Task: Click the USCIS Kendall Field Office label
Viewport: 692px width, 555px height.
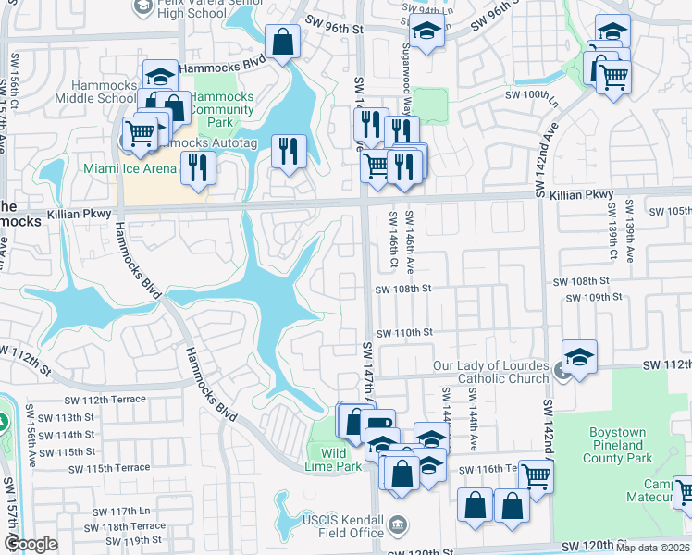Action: pos(341,526)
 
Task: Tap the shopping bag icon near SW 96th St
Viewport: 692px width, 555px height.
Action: pos(282,41)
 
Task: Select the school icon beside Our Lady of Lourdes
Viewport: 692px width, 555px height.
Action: pos(579,356)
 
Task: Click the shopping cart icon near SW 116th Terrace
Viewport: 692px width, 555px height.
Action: pos(536,476)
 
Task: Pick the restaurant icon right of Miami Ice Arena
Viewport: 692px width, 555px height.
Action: pos(197,166)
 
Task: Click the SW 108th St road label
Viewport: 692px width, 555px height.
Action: pos(403,289)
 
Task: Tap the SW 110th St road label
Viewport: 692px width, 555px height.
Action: pos(403,332)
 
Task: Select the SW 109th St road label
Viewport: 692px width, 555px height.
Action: pos(594,297)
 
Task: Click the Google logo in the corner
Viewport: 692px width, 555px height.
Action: pos(31,544)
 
